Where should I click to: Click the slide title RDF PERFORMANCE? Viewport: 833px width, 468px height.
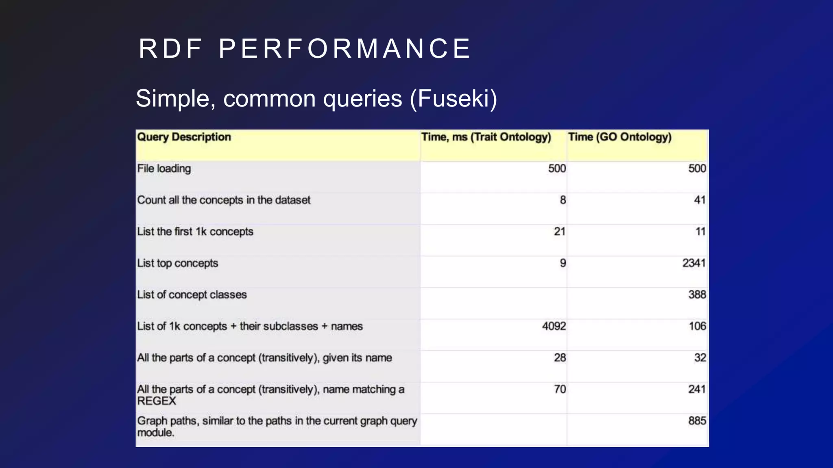click(x=305, y=49)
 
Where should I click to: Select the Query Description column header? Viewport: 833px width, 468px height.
click(x=184, y=137)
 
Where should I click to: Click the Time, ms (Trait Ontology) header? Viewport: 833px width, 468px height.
click(x=486, y=137)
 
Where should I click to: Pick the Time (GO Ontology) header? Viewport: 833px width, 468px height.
click(x=619, y=137)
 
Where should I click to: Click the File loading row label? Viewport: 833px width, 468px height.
click(x=164, y=169)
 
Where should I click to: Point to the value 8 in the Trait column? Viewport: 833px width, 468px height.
click(x=563, y=200)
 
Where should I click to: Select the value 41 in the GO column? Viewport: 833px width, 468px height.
click(x=699, y=200)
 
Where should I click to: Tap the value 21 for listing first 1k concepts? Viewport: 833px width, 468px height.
click(x=559, y=232)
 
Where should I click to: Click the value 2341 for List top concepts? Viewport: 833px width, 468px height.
click(x=693, y=263)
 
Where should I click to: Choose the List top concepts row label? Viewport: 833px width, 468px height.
click(x=177, y=263)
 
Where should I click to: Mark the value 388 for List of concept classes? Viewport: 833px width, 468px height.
click(x=697, y=295)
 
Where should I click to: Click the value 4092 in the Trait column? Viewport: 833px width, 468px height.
click(x=554, y=326)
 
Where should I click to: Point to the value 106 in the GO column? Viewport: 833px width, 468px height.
click(x=697, y=326)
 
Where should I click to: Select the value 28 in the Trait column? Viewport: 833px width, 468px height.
click(x=560, y=358)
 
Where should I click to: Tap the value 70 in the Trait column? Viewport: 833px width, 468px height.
click(x=560, y=389)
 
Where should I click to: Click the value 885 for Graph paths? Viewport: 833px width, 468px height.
click(x=697, y=421)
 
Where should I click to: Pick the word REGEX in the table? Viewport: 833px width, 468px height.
click(x=157, y=401)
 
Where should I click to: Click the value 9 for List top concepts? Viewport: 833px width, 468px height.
click(x=563, y=263)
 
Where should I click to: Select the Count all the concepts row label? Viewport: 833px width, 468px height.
click(x=223, y=200)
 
